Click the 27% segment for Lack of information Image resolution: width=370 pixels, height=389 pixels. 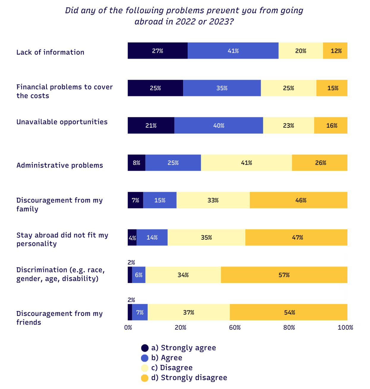(x=157, y=51)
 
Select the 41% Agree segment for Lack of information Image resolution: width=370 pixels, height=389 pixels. (x=233, y=51)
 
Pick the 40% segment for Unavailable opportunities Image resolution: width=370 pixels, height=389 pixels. (x=219, y=126)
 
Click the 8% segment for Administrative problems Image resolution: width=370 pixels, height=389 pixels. (x=136, y=163)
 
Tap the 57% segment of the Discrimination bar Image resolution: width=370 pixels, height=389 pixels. (x=284, y=275)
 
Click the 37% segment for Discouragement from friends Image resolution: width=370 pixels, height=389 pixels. (x=189, y=312)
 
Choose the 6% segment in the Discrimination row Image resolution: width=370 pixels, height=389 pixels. (x=139, y=275)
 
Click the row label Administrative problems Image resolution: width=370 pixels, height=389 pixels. (x=60, y=165)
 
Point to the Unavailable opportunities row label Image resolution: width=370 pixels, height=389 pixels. (x=62, y=122)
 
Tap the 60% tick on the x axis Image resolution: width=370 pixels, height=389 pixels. (x=235, y=328)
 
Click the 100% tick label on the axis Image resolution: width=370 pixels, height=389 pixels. (x=345, y=328)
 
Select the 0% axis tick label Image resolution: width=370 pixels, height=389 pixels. (x=128, y=328)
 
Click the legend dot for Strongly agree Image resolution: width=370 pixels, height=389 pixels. (x=145, y=348)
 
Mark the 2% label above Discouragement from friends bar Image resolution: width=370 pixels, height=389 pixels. (x=131, y=300)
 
